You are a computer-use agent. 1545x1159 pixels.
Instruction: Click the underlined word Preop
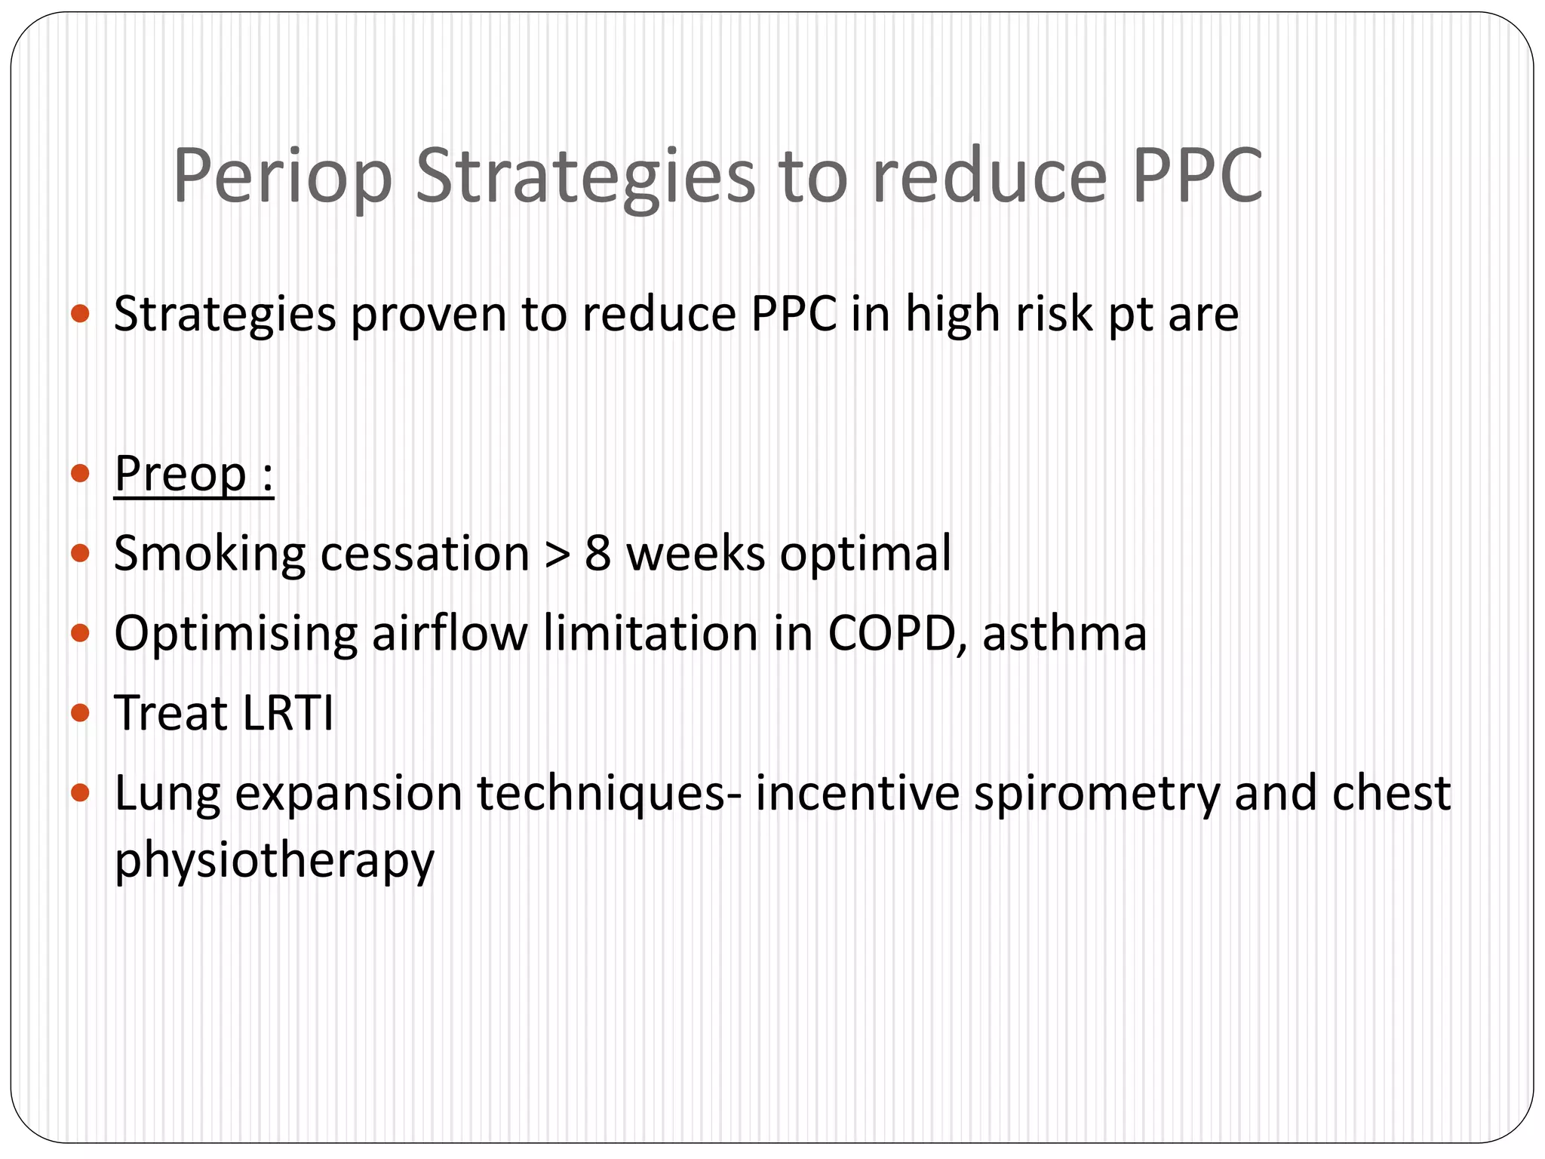180,475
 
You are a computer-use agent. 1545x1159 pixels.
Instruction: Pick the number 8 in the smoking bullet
597,553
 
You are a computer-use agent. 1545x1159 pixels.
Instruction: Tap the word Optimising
235,635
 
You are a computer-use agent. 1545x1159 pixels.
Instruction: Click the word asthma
1064,633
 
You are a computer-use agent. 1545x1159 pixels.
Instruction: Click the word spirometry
1096,795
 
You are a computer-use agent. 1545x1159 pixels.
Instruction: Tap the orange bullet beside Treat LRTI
79,713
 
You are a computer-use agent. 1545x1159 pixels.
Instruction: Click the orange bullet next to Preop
79,475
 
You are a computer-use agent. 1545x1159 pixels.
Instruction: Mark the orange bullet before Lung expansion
79,793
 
